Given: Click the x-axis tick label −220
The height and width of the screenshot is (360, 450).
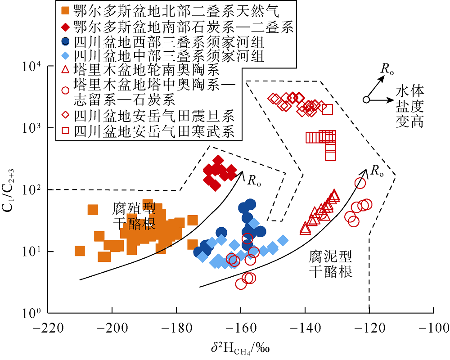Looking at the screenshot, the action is [48, 328].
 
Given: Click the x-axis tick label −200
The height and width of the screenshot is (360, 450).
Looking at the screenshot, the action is [112, 328].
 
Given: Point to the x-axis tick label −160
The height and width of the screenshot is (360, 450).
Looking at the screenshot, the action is [241, 328].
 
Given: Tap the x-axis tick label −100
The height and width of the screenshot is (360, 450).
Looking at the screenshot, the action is [433, 328].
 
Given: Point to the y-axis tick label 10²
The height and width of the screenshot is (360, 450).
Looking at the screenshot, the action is [32, 190].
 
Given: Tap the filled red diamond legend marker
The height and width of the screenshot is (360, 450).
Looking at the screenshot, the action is [66, 27].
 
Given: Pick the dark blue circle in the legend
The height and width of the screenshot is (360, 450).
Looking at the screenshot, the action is [66, 41].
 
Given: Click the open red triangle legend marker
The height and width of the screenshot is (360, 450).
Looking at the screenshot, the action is [66, 70].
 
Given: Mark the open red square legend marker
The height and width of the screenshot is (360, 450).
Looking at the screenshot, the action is [66, 131].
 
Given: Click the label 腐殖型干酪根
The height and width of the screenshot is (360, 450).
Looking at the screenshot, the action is [134, 216].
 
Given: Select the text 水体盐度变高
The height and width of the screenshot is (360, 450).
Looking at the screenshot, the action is [410, 107].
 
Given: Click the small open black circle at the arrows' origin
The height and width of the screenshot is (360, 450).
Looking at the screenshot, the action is [366, 99].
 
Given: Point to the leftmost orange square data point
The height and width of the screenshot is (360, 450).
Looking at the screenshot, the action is [80, 251].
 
